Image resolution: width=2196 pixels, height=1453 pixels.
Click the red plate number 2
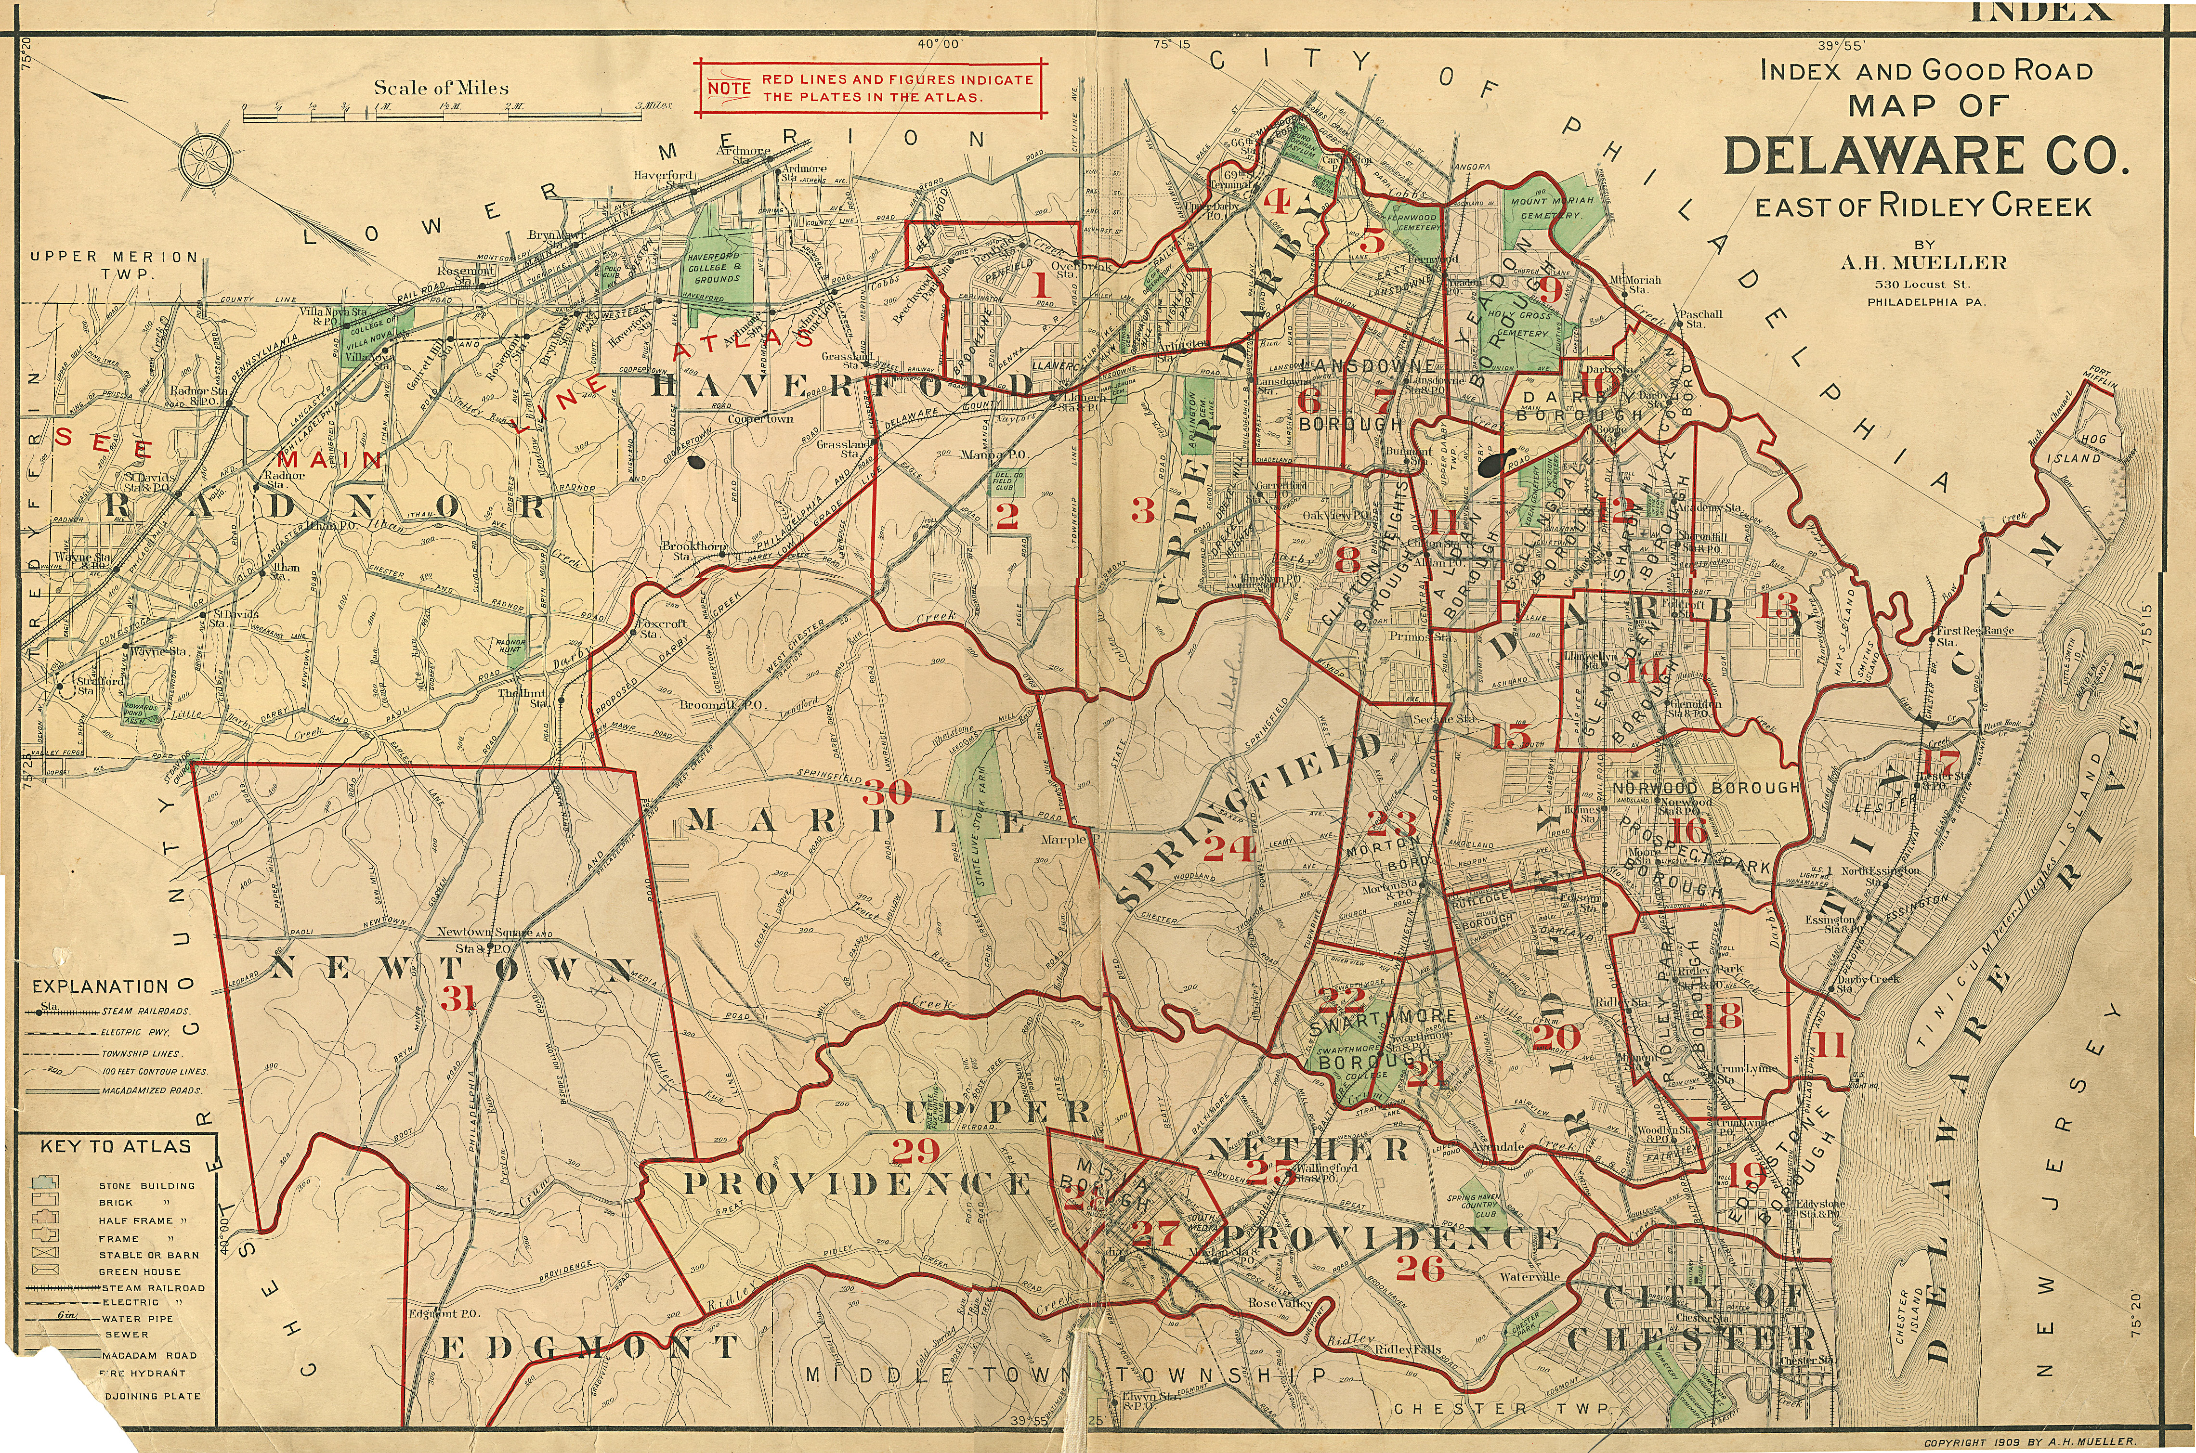coord(1006,516)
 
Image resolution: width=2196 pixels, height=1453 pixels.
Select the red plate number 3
coord(1143,510)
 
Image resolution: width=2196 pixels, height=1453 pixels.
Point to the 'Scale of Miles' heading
coord(441,88)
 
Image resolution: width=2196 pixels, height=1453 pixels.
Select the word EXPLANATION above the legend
coord(100,987)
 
